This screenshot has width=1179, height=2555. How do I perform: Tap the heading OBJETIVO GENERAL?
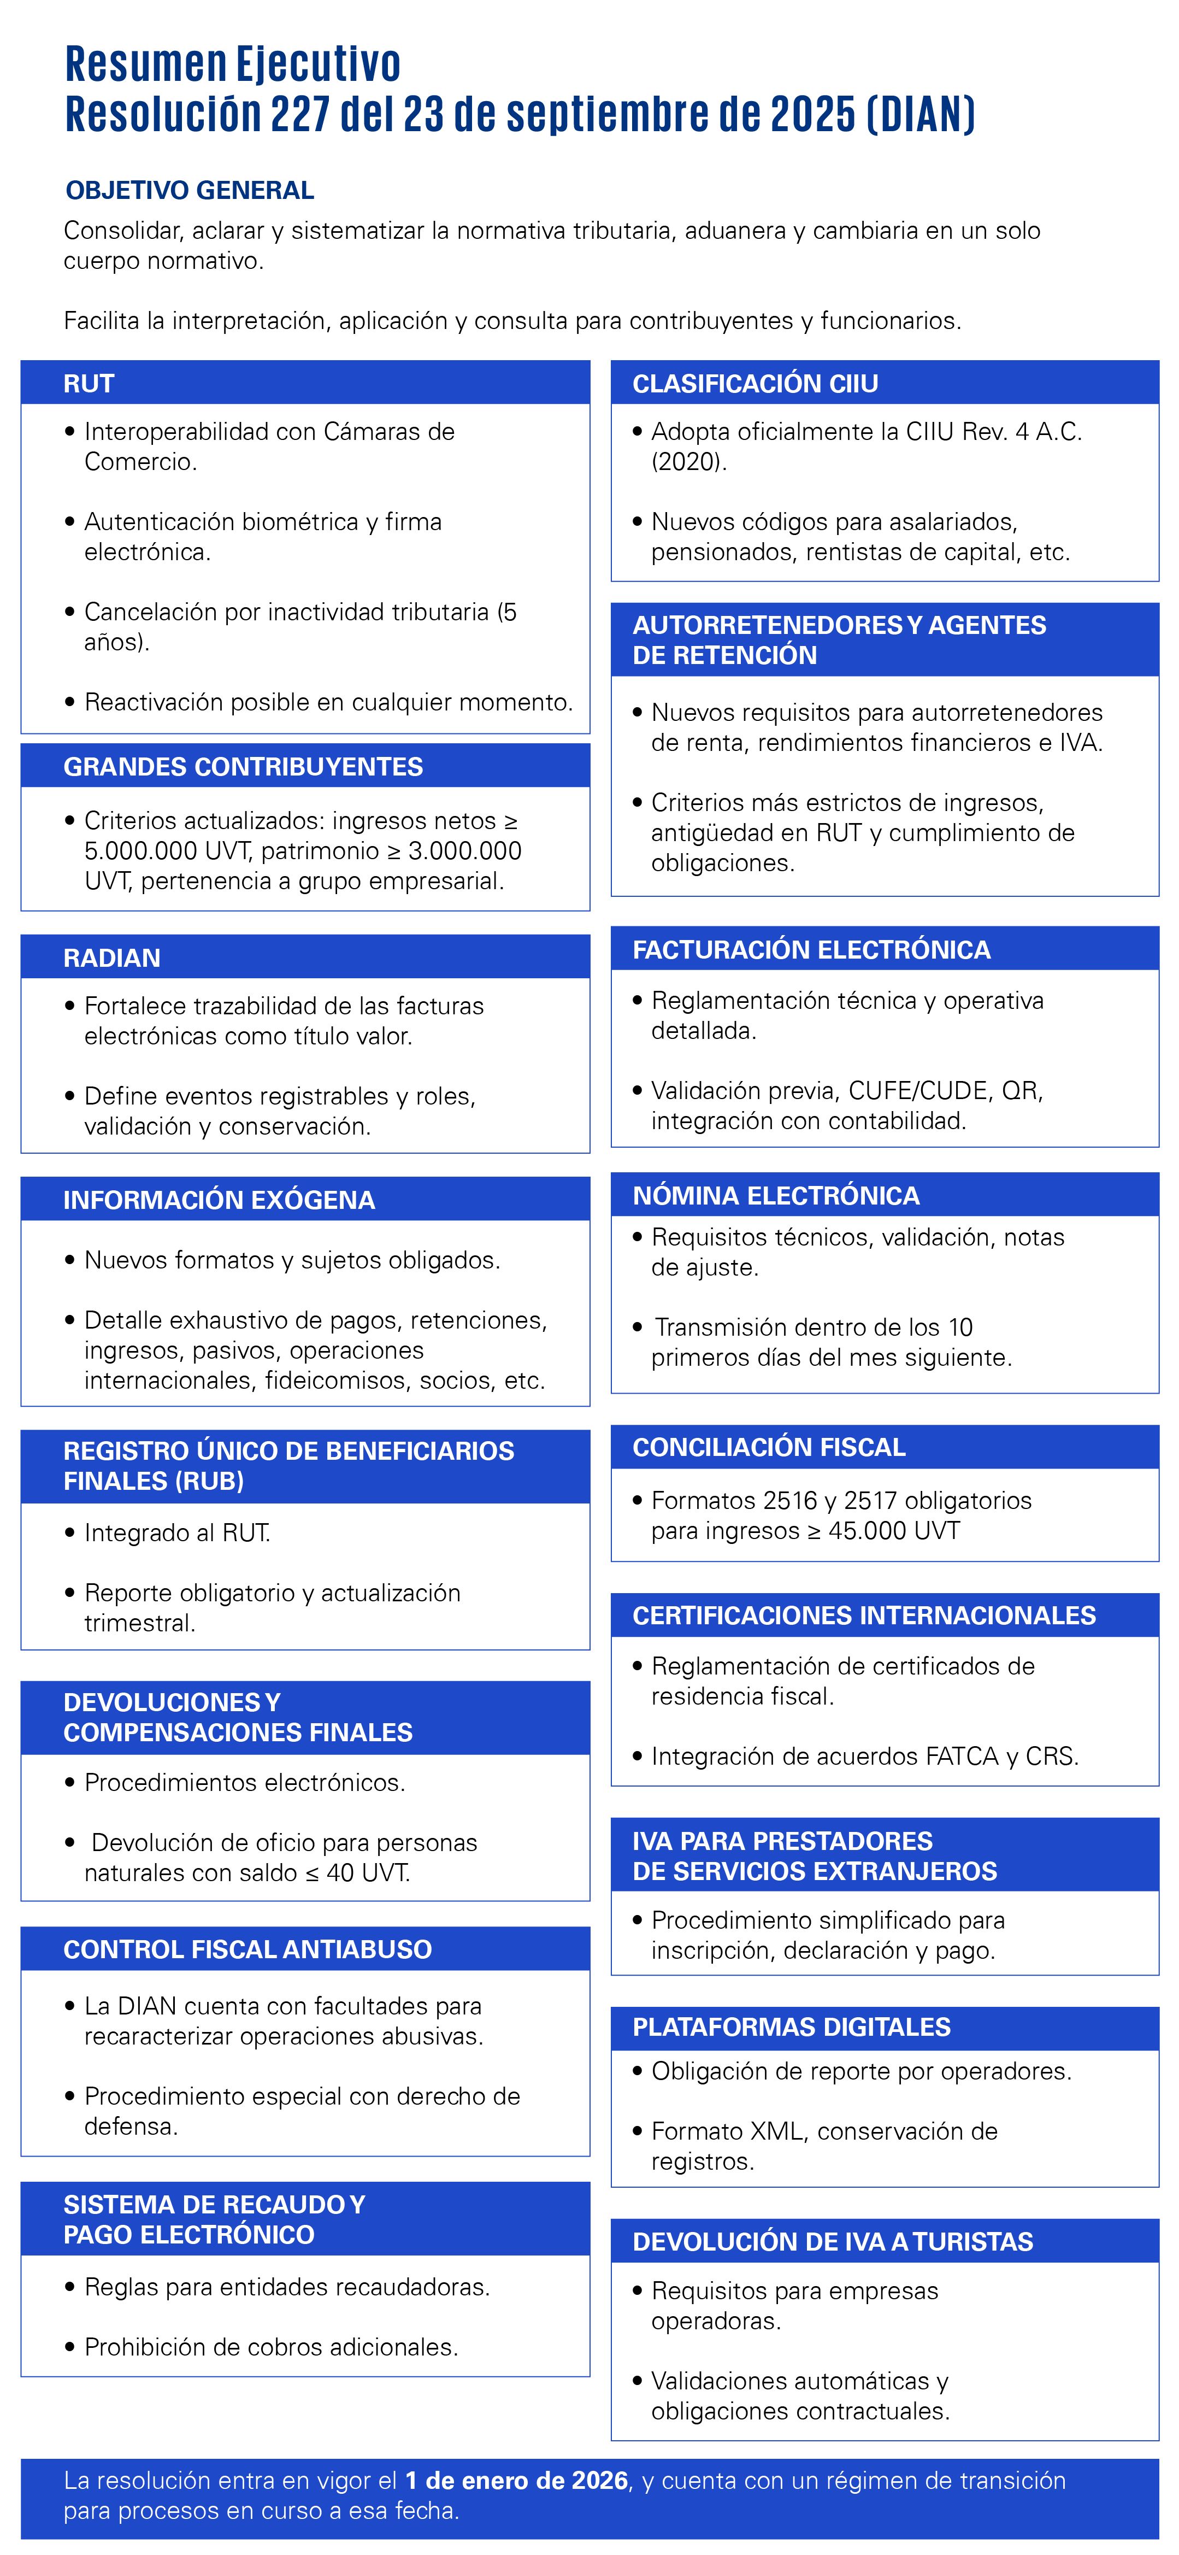pos(190,190)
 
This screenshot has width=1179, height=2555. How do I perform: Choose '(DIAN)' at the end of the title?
pos(920,114)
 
